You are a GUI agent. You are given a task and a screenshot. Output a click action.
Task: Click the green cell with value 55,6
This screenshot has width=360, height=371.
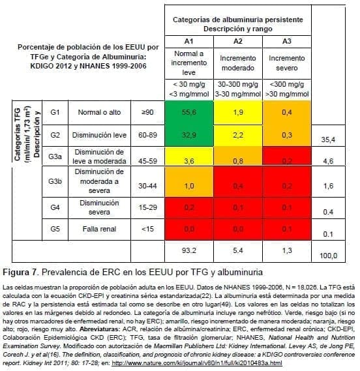(188, 112)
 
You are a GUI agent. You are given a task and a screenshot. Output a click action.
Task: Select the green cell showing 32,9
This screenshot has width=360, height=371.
(188, 135)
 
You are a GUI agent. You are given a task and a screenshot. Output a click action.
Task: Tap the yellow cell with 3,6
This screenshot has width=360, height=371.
(188, 160)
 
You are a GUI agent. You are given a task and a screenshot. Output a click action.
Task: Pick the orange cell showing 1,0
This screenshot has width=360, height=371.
(188, 185)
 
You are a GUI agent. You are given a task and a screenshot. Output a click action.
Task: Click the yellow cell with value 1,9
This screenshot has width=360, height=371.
(238, 112)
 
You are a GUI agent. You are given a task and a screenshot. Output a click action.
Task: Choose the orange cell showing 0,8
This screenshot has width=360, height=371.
(238, 160)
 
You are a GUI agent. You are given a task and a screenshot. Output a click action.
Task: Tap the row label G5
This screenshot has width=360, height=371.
(57, 229)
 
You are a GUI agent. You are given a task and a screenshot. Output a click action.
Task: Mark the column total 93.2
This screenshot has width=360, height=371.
(188, 250)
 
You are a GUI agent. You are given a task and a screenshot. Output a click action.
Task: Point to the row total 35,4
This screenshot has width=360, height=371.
(329, 140)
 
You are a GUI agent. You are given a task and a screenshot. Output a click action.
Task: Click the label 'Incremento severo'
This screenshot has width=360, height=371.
(287, 63)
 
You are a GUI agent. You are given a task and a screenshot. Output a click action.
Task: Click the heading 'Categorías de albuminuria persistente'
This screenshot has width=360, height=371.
(237, 20)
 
